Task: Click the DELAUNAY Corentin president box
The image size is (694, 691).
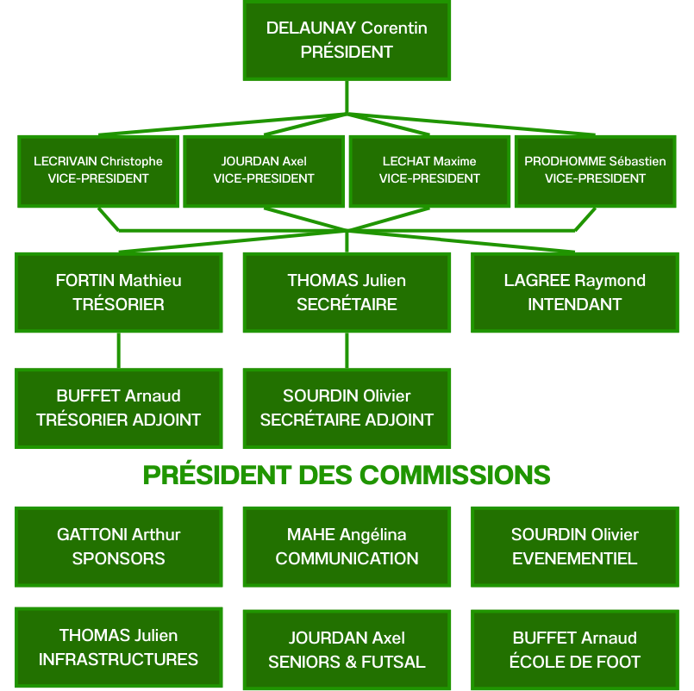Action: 347,40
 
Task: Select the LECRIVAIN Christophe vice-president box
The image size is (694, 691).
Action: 98,171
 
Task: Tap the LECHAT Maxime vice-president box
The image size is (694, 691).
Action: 429,171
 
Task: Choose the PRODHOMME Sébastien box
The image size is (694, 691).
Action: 595,171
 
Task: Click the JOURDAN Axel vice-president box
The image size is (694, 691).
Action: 264,171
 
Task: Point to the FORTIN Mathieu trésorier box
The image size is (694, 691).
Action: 119,292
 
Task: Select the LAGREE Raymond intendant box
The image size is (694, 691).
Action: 574,292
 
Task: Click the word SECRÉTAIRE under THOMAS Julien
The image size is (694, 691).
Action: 347,304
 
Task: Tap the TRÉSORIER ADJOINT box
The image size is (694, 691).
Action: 119,408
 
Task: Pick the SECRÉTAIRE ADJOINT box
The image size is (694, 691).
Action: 347,408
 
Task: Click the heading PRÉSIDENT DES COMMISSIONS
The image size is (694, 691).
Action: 347,475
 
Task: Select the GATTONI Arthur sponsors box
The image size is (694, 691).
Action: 119,546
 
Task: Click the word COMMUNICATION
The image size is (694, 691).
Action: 347,558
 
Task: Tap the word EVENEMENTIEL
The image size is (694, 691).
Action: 574,558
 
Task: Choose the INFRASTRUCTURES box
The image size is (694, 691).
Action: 119,647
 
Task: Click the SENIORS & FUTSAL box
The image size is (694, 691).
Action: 347,650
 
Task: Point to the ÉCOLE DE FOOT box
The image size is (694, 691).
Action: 574,650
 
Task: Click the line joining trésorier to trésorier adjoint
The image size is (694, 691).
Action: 119,351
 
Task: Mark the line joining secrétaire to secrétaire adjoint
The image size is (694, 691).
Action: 347,351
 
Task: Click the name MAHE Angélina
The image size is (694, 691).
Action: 347,535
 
